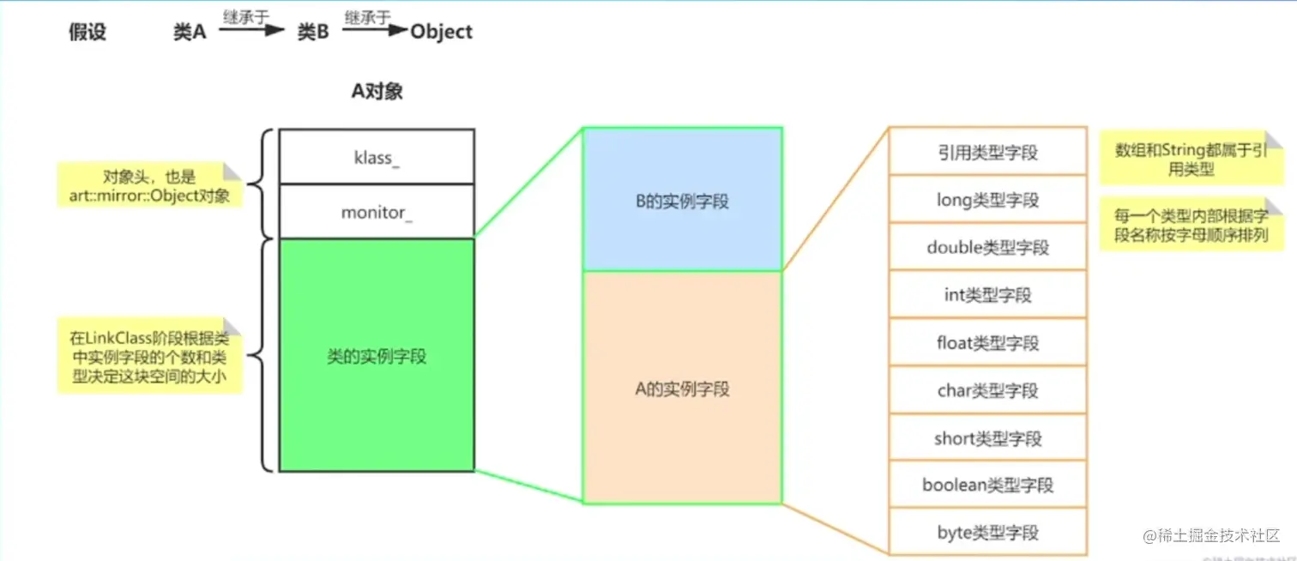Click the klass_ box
tap(377, 156)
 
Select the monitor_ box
tap(377, 211)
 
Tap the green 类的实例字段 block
tap(377, 355)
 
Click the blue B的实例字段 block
tap(682, 200)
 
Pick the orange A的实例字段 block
tap(682, 388)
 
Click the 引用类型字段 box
tap(987, 152)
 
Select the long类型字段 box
tap(987, 200)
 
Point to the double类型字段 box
tap(987, 247)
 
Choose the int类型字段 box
tap(987, 295)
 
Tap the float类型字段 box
tap(987, 343)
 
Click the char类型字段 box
tap(987, 390)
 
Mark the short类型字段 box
tap(987, 438)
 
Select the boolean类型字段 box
tap(987, 485)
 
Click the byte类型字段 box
tap(987, 532)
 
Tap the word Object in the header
tap(441, 32)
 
